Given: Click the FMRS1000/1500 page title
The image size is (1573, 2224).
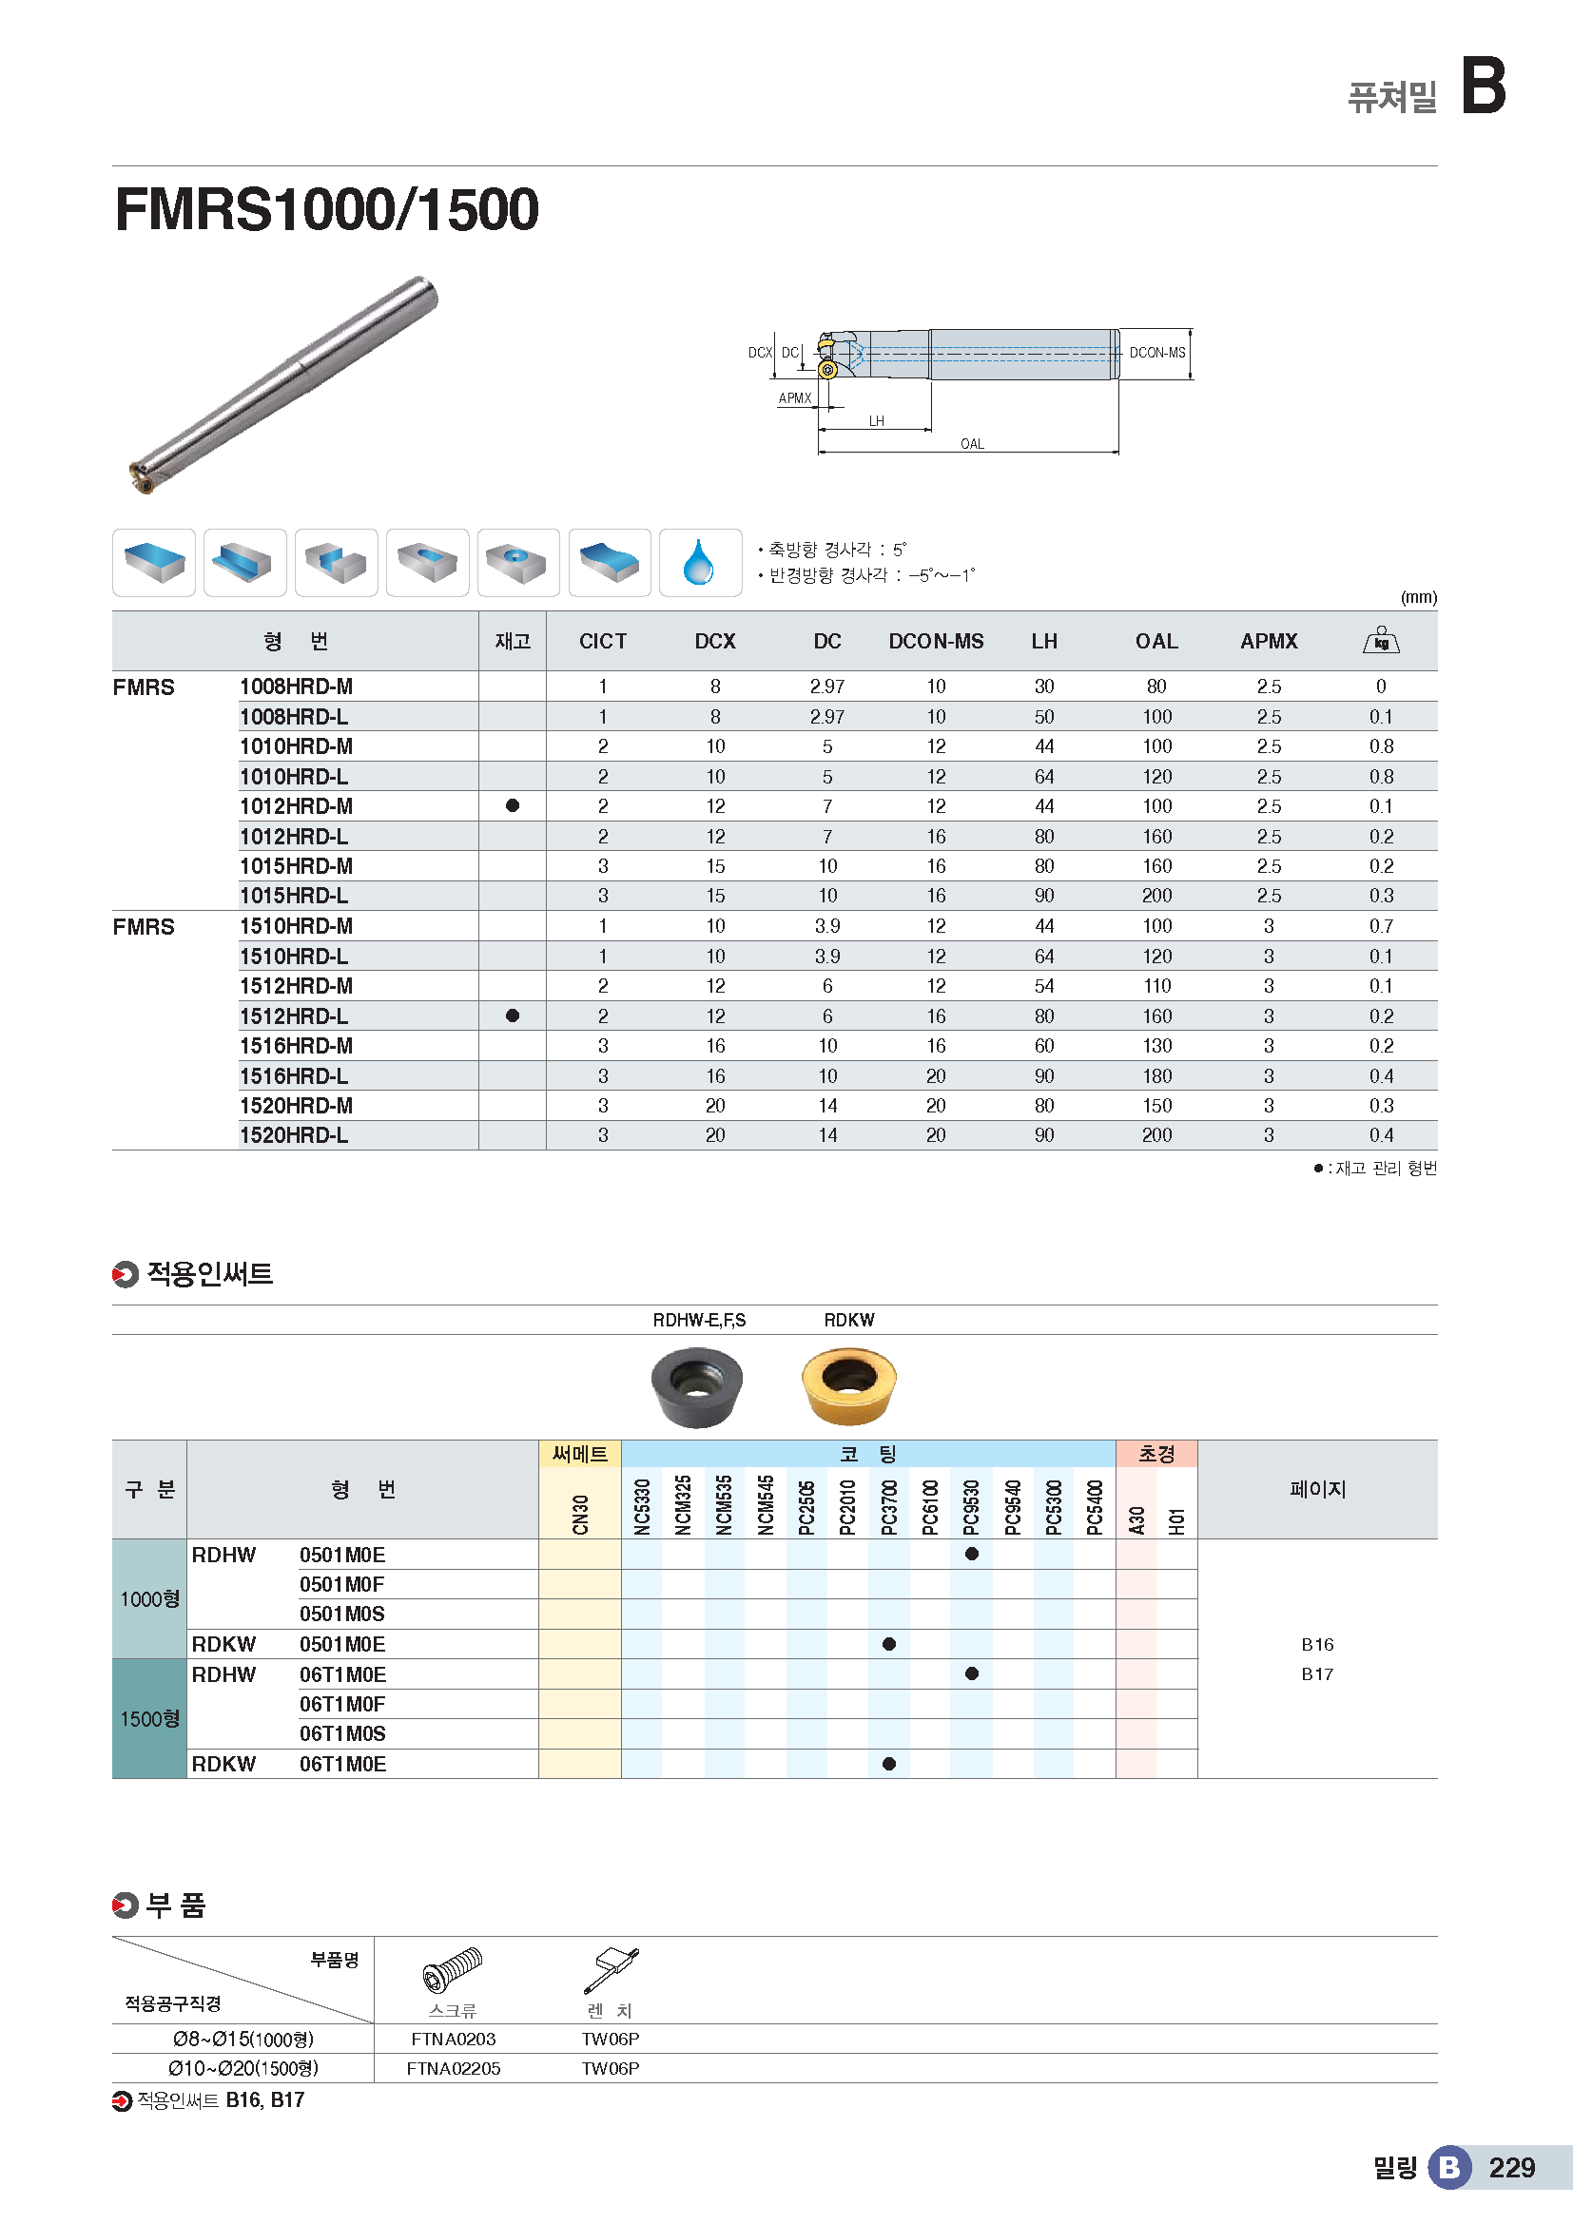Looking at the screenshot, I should [x=326, y=209].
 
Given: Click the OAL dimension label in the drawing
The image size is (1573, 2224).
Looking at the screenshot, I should [x=972, y=444].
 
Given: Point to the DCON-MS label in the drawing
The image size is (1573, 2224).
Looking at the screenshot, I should [x=1156, y=353].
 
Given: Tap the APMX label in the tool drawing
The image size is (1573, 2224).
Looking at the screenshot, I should [x=794, y=398].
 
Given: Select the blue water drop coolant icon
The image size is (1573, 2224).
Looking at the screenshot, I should [x=699, y=563].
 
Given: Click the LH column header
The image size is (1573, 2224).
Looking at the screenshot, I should [x=1043, y=641].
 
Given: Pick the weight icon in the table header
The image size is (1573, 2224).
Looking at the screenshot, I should [x=1380, y=641].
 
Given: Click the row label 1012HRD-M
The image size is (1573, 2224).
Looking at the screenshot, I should [x=297, y=806].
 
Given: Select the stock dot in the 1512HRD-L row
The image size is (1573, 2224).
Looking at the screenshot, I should [x=513, y=1015].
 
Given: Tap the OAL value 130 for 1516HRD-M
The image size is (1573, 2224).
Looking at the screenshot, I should [x=1156, y=1046].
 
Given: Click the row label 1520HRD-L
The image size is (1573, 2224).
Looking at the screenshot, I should [x=294, y=1135].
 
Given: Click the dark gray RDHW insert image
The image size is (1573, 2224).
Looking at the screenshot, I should [x=696, y=1387].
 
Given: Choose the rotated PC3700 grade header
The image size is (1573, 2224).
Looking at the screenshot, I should [x=889, y=1506].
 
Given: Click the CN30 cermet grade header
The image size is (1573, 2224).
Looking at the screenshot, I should [x=580, y=1514].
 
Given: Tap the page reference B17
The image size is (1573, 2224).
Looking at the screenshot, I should [x=1316, y=1673].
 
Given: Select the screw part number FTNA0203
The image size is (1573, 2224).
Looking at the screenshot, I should [x=453, y=2039].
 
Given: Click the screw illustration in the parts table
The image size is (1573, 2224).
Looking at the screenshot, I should [x=453, y=1970].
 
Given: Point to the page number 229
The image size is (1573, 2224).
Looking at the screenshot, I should [x=1511, y=2168].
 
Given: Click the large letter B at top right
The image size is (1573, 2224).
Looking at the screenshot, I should [x=1483, y=86].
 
